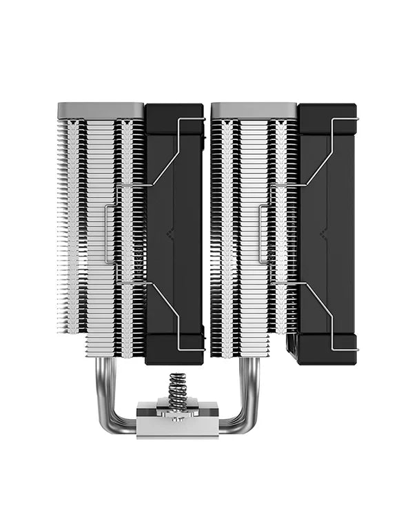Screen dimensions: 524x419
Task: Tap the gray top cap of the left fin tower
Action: [100, 110]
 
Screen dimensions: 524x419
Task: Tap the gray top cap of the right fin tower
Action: [254, 110]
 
